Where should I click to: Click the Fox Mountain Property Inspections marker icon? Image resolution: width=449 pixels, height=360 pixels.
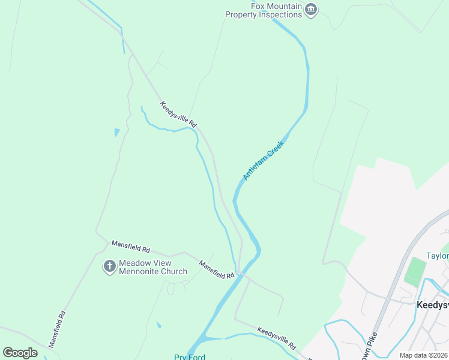[x=311, y=8]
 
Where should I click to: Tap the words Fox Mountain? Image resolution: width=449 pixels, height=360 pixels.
[x=276, y=6]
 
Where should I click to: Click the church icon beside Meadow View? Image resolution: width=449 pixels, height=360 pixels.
[x=109, y=266]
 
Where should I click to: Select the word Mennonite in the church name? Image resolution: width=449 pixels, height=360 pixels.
[x=137, y=271]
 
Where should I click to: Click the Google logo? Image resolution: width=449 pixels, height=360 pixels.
[x=20, y=352]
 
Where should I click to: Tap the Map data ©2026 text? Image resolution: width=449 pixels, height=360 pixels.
[x=424, y=355]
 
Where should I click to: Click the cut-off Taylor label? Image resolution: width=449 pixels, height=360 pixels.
[x=437, y=256]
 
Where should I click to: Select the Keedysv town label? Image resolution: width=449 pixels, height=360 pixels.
[x=432, y=304]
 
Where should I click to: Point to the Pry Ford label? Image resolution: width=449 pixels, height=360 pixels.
[x=190, y=357]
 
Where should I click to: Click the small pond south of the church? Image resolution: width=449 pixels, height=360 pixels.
[x=158, y=325]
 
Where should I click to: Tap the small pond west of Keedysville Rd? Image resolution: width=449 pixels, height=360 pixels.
[x=117, y=132]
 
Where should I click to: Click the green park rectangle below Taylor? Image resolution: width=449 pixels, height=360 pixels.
[x=415, y=272]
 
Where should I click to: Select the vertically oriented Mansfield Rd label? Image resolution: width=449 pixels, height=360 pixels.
[x=56, y=329]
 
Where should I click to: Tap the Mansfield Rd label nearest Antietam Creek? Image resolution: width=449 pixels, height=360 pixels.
[x=217, y=269]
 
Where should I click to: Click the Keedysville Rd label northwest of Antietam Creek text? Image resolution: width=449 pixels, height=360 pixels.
[x=178, y=113]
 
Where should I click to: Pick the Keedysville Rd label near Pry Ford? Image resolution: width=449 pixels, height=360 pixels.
[x=277, y=338]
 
